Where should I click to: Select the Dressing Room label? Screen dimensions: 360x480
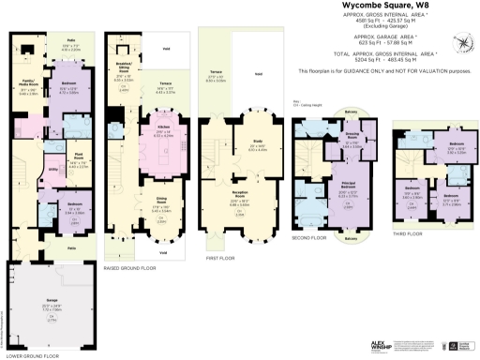[351, 131]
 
